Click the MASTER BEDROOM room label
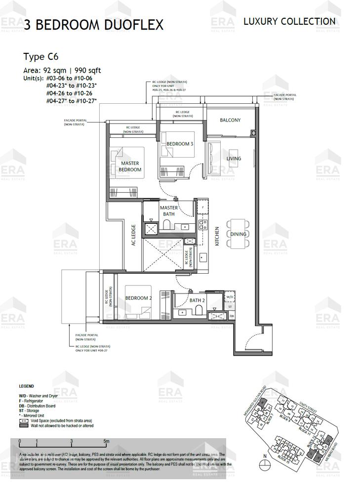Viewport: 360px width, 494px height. (x=130, y=166)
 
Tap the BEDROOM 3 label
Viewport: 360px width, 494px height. (x=180, y=144)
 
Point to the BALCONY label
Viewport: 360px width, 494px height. (x=230, y=120)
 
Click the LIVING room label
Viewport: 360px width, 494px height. (x=234, y=159)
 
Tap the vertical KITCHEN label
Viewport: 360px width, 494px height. (x=217, y=236)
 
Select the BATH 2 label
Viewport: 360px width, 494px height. (x=197, y=300)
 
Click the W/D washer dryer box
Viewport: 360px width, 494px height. (x=230, y=297)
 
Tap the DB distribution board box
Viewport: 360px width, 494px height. (x=231, y=316)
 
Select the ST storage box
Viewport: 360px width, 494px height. (x=231, y=307)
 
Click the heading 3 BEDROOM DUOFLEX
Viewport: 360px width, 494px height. (x=93, y=25)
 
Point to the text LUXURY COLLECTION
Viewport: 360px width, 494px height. (x=289, y=21)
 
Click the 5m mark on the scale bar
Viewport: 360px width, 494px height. (x=107, y=441)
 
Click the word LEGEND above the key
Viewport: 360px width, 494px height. (x=26, y=386)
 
